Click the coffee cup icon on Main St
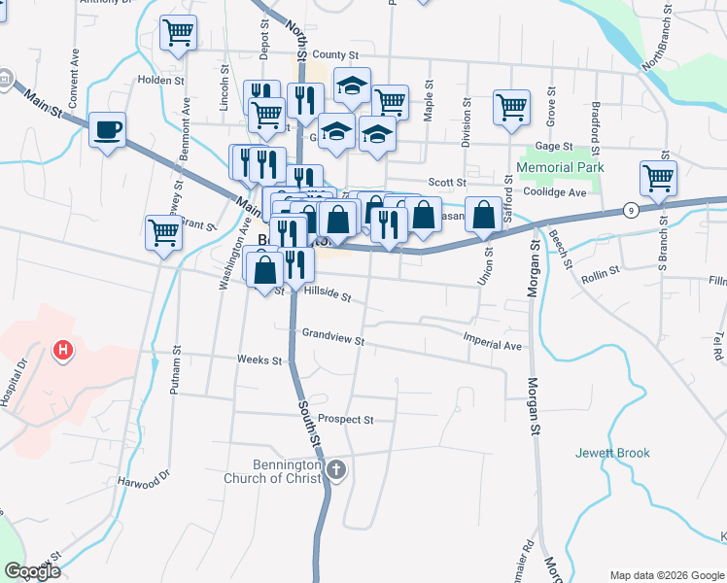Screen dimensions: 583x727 107,130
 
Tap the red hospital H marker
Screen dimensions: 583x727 63,350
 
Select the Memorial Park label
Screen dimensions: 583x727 560,167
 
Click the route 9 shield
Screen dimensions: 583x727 632,210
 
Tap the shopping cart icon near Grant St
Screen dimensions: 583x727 163,232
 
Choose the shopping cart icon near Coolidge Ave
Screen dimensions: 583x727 658,179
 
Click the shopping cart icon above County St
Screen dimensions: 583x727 178,32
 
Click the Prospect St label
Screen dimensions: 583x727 345,420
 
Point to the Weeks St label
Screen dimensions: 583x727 259,360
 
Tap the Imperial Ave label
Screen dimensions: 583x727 492,345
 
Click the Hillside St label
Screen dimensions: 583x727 327,291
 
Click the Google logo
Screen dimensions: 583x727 32,571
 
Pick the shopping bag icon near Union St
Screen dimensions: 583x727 483,215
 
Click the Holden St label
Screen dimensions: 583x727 160,80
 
